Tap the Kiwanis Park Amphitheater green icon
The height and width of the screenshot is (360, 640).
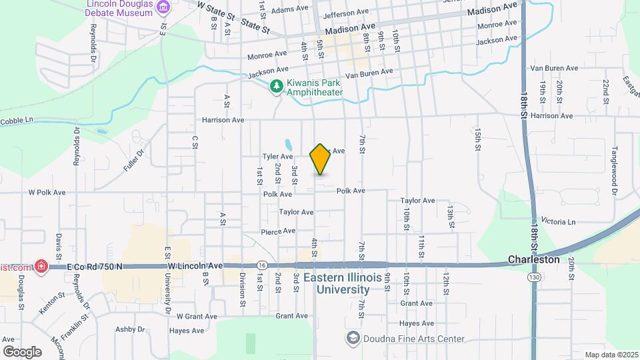[277, 86]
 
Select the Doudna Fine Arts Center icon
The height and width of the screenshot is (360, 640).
[352, 338]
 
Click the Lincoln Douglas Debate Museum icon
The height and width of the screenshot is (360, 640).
[163, 7]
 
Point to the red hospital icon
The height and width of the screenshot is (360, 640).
[41, 267]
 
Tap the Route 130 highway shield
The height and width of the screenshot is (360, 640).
[535, 277]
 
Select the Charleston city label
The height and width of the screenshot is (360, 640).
[533, 259]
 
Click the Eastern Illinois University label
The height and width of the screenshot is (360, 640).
[336, 283]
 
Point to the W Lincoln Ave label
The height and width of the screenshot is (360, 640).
[195, 266]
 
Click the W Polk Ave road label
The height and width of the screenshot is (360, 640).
[47, 192]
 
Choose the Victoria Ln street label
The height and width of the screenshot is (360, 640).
[558, 221]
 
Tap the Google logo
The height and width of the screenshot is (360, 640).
[22, 351]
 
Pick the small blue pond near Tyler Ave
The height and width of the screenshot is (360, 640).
[287, 145]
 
